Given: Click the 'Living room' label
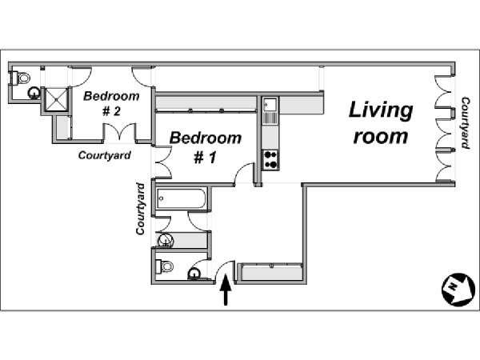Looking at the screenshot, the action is (x=381, y=122).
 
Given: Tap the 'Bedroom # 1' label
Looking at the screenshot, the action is (x=206, y=147).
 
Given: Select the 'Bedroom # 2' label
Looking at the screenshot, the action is (x=111, y=103).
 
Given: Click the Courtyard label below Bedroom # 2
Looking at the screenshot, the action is (x=105, y=155).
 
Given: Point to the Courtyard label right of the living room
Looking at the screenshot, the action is (x=466, y=122).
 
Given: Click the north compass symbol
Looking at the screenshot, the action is (x=458, y=289).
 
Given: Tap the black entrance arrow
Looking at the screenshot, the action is (x=226, y=290).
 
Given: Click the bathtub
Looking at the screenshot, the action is (x=182, y=198).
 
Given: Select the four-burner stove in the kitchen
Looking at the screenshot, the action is (x=271, y=159).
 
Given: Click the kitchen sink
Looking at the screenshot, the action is (x=270, y=105).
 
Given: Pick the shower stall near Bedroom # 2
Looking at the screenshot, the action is (x=56, y=99).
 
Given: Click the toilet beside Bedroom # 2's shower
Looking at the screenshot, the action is (x=20, y=78).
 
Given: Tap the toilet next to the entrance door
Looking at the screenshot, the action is (x=164, y=266).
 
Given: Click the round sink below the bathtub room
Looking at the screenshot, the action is (x=166, y=240).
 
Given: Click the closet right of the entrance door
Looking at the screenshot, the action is (x=271, y=273).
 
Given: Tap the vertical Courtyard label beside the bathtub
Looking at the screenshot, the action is (x=140, y=209).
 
